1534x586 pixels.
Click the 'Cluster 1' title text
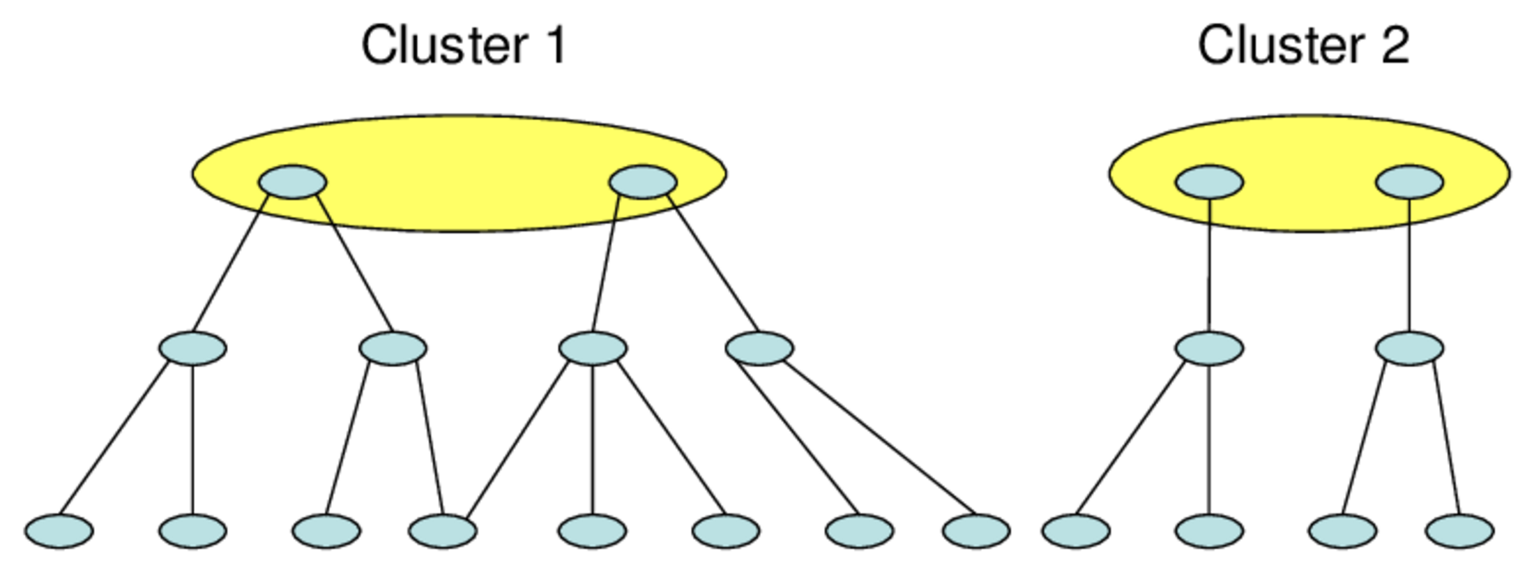click(x=464, y=45)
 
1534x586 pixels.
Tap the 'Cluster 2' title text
click(x=1303, y=45)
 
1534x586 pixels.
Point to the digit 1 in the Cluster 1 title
click(x=555, y=45)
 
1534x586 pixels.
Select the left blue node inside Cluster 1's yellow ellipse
click(x=292, y=182)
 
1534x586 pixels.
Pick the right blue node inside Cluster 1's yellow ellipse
click(x=643, y=182)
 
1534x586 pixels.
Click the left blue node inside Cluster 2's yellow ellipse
click(x=1209, y=182)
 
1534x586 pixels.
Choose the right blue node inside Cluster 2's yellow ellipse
click(x=1409, y=182)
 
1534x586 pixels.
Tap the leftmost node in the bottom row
click(x=59, y=531)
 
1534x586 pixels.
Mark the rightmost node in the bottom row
click(x=1459, y=531)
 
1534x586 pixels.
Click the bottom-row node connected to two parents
click(x=443, y=531)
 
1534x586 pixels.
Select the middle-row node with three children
click(x=593, y=348)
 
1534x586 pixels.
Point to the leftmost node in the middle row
click(x=192, y=348)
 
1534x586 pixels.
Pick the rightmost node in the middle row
click(x=1409, y=348)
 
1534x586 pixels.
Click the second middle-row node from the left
click(x=393, y=348)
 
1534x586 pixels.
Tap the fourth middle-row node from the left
click(x=759, y=348)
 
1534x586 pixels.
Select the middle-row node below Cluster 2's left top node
click(x=1209, y=348)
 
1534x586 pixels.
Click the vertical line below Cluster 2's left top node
click(x=1209, y=265)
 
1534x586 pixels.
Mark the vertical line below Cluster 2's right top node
click(x=1409, y=265)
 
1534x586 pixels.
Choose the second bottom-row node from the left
click(x=192, y=531)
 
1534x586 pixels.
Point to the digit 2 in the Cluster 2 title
click(x=1395, y=45)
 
